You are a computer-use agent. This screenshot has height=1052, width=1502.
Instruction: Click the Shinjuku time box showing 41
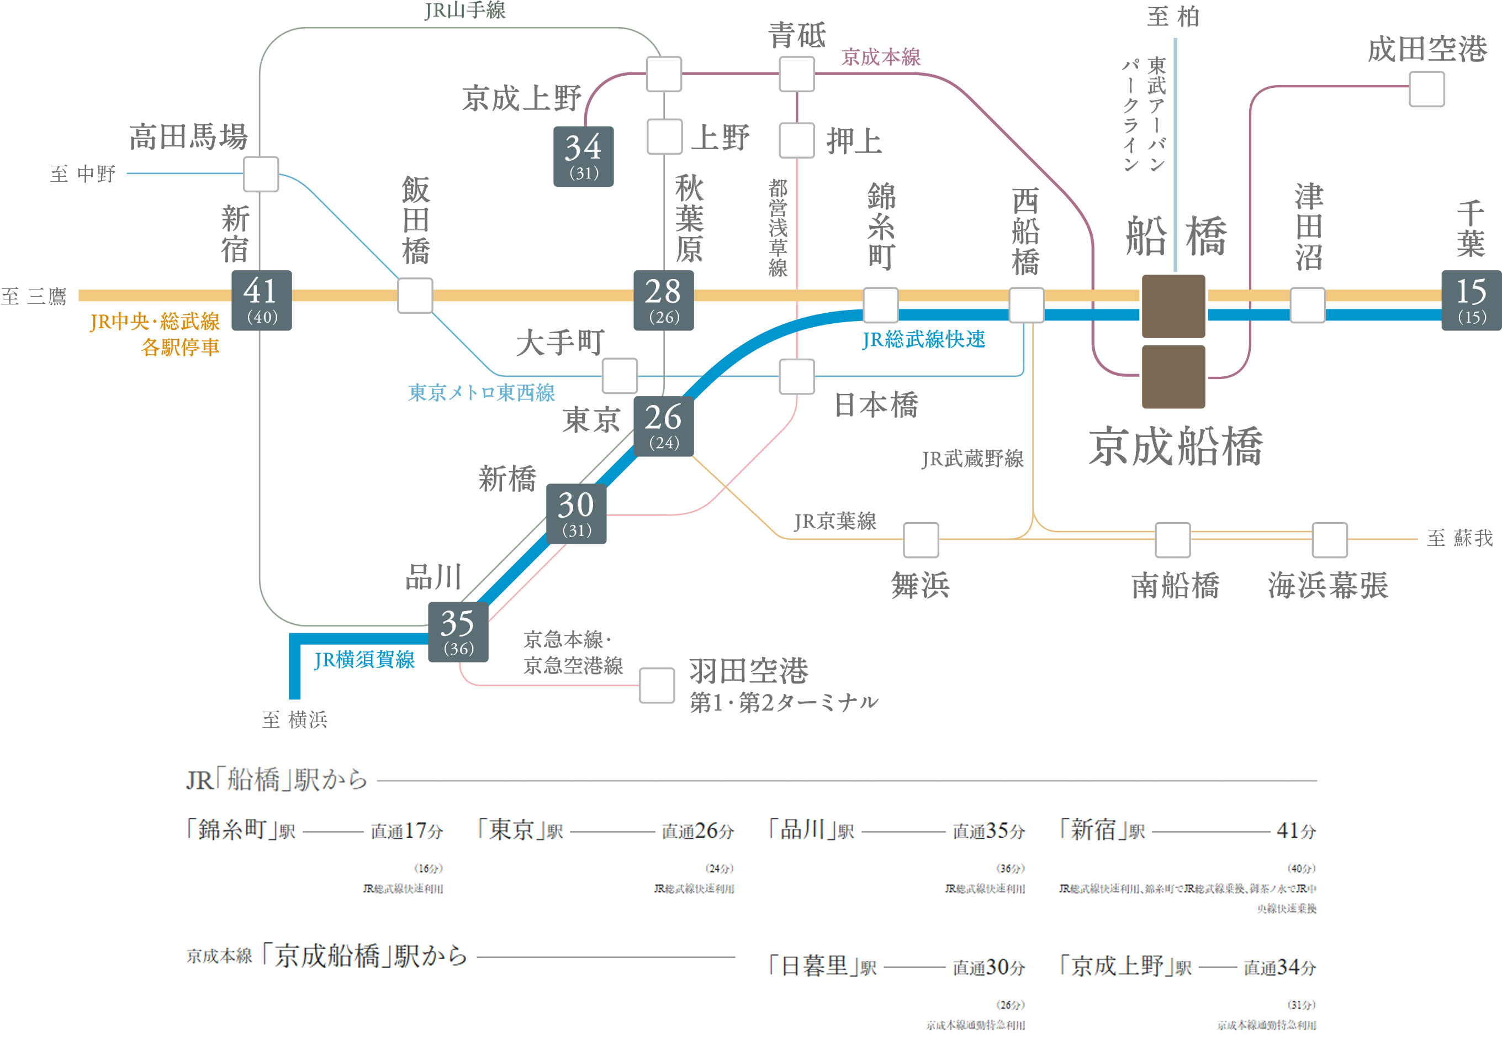pos(262,301)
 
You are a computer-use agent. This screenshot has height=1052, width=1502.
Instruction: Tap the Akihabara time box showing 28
pos(663,301)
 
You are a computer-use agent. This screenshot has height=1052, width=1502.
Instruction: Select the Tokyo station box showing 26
pos(663,426)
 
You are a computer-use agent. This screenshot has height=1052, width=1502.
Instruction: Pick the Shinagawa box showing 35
pos(458,632)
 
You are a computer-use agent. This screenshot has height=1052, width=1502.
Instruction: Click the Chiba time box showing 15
pos(1471,301)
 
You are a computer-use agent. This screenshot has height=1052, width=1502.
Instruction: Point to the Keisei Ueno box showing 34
pos(584,156)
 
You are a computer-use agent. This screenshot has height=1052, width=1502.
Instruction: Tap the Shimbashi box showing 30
pos(577,514)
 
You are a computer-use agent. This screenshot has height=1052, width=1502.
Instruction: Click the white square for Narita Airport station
pos(1426,89)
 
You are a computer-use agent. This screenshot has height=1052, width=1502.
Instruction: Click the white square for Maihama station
pos(921,540)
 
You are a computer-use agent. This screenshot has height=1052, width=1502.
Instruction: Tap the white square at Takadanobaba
pos(261,174)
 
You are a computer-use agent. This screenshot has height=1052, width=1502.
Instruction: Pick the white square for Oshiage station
pos(797,140)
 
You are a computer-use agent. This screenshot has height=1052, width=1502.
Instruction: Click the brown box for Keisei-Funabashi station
pos(1173,377)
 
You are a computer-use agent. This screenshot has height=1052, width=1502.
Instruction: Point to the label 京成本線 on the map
pos(881,57)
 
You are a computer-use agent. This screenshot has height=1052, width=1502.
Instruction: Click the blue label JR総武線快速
pos(923,339)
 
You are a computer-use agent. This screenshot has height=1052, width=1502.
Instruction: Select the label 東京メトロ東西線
pos(482,392)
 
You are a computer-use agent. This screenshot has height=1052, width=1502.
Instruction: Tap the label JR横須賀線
pos(364,659)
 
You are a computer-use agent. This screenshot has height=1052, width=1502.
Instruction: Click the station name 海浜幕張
pos(1328,585)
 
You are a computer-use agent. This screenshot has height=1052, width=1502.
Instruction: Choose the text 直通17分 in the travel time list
pos(407,831)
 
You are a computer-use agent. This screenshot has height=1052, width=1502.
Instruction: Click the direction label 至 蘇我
pos(1459,538)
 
